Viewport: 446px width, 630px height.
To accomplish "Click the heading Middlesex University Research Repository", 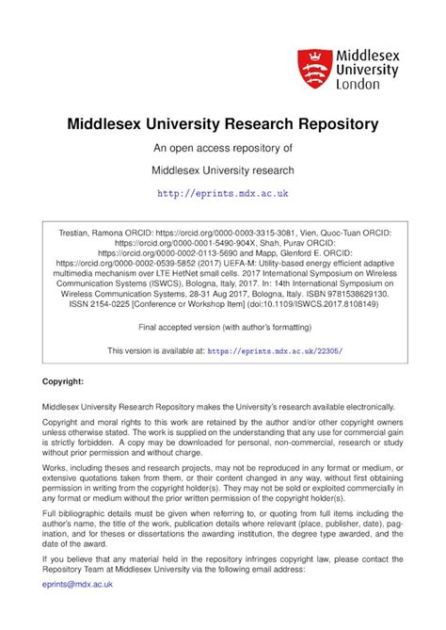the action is [222, 123].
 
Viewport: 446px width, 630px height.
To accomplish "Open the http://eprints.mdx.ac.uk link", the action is [222, 193].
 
